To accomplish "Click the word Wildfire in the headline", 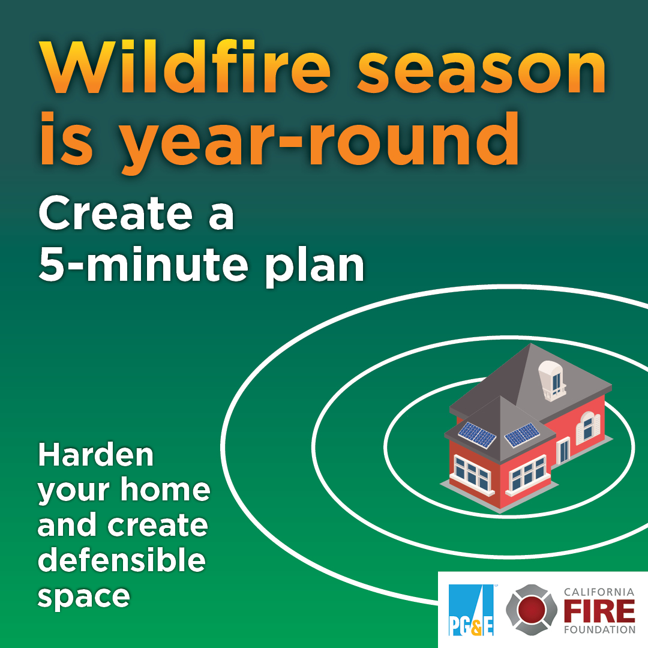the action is click(185, 67).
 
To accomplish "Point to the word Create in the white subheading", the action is click(116, 213).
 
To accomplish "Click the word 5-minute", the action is click(143, 264).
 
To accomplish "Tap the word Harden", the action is click(96, 455).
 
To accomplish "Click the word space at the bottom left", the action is click(84, 598).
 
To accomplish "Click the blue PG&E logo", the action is click(471, 610).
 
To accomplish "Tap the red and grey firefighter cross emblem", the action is click(532, 610).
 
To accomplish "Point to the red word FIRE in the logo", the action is click(599, 611).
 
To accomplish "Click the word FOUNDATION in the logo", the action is click(599, 630).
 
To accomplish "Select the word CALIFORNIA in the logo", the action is click(599, 592).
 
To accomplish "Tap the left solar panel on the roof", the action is click(478, 435).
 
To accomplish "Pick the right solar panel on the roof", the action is click(523, 435).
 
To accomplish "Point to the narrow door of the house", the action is click(563, 452).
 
